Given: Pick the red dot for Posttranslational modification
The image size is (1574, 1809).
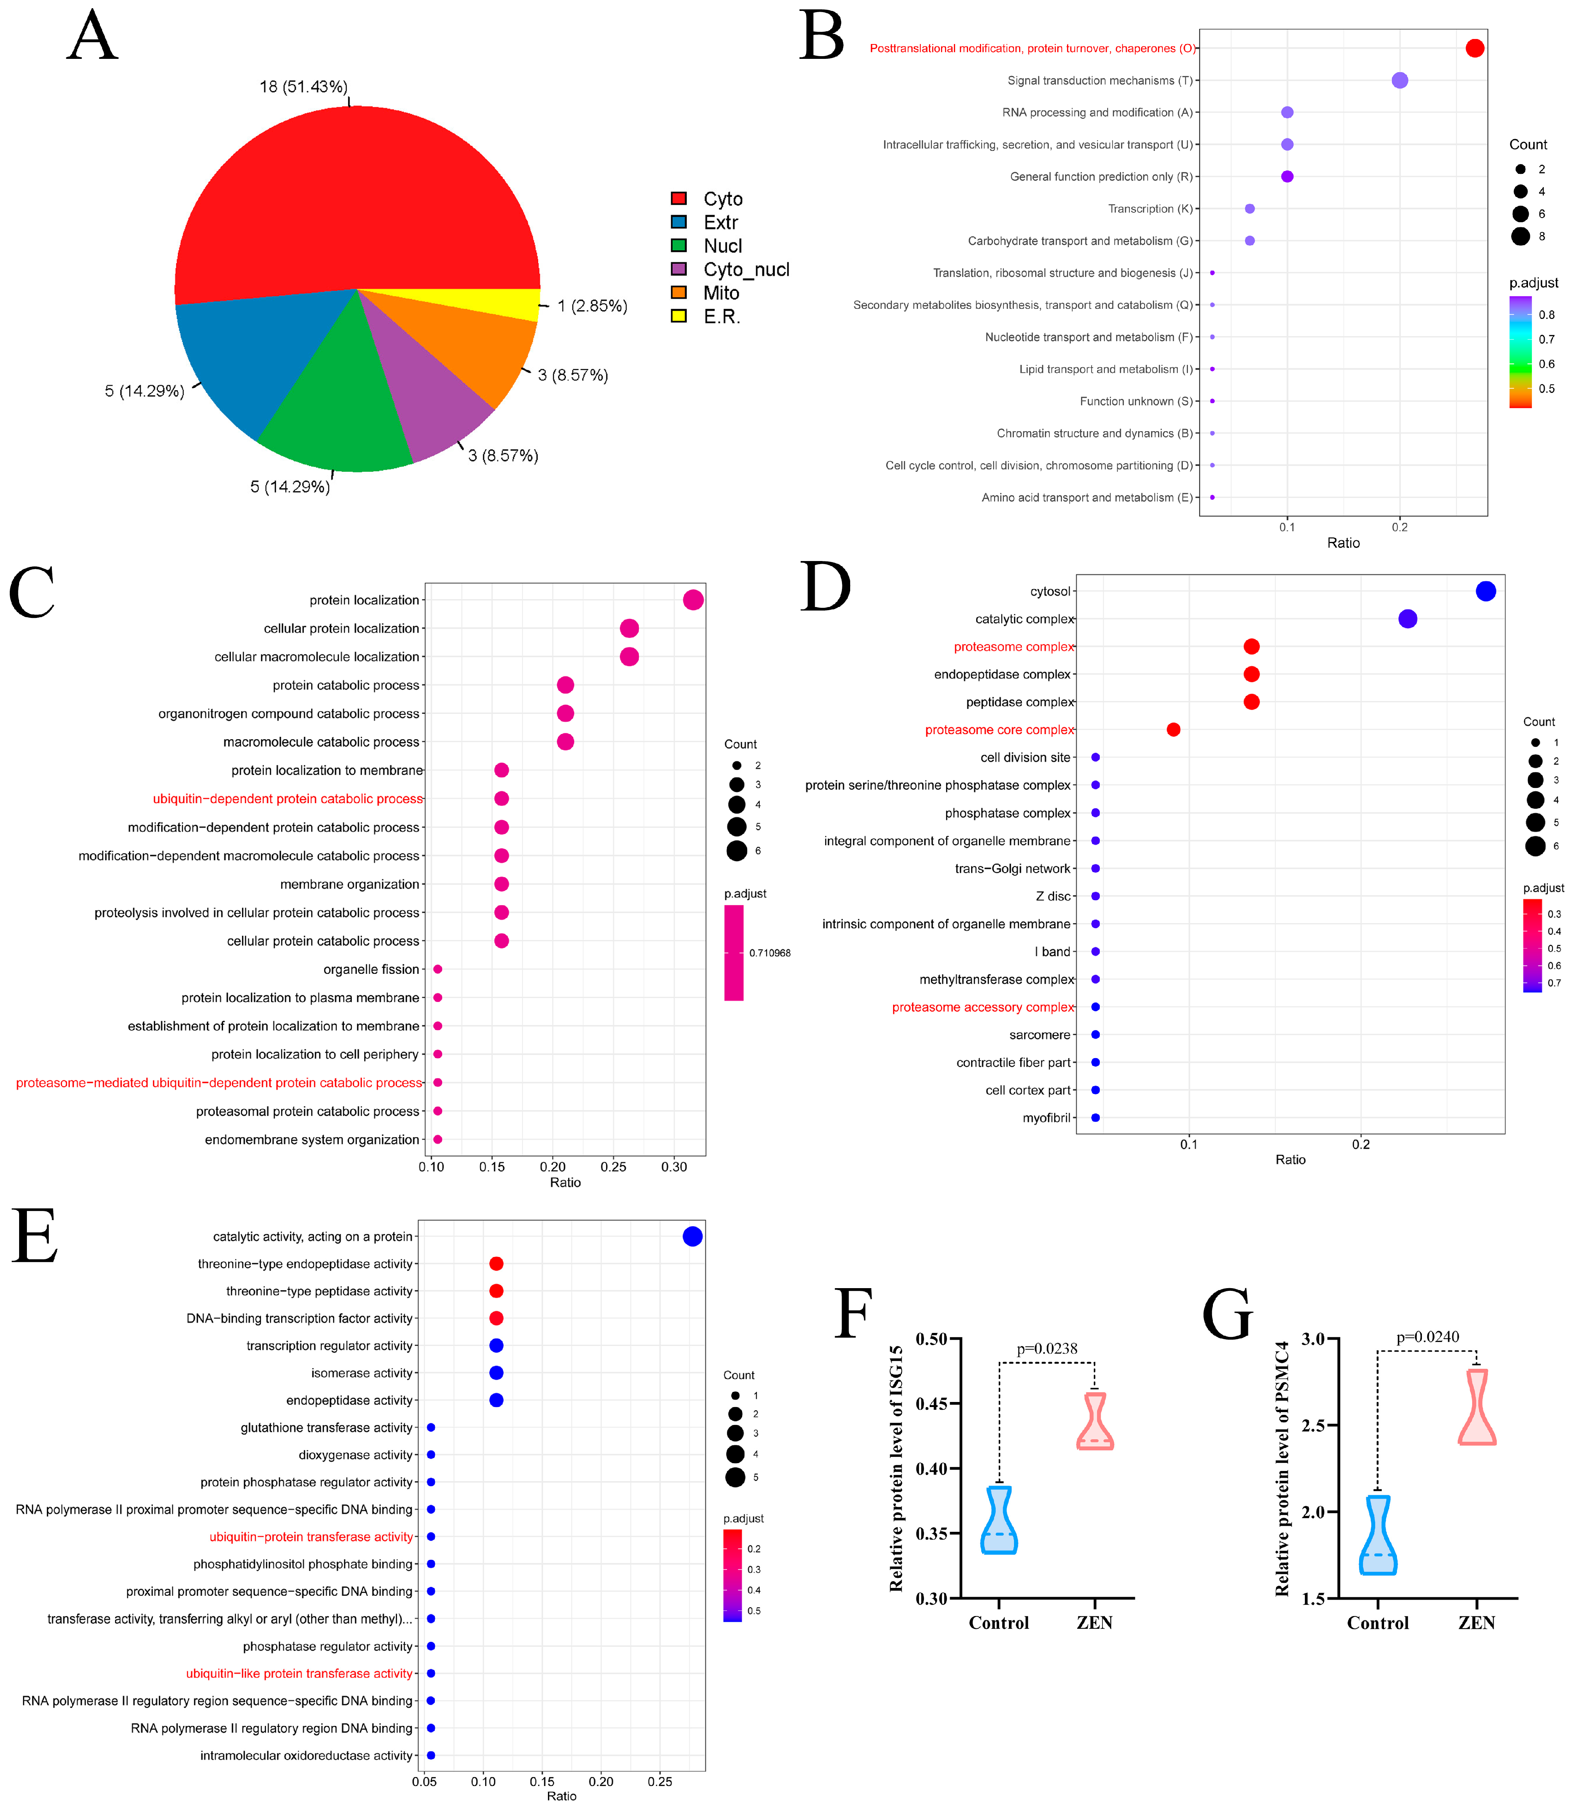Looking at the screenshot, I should coord(1475,48).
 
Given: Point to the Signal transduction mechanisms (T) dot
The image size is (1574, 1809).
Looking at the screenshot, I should coord(1400,81).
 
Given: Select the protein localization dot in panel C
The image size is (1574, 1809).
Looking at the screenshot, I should coord(693,600).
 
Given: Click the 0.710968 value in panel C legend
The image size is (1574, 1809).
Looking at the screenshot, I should coord(769,953).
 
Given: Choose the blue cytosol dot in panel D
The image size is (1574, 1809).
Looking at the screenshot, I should coord(1485,591).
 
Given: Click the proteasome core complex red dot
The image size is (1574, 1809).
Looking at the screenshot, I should coord(1173,730).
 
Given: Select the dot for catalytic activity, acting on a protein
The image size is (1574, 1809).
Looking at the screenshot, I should coord(692,1236).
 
